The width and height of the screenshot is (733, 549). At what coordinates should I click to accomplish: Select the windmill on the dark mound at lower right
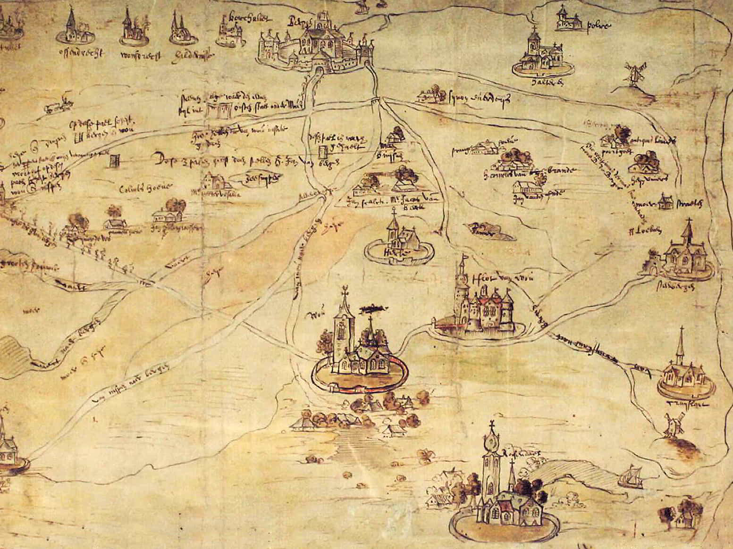672,425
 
